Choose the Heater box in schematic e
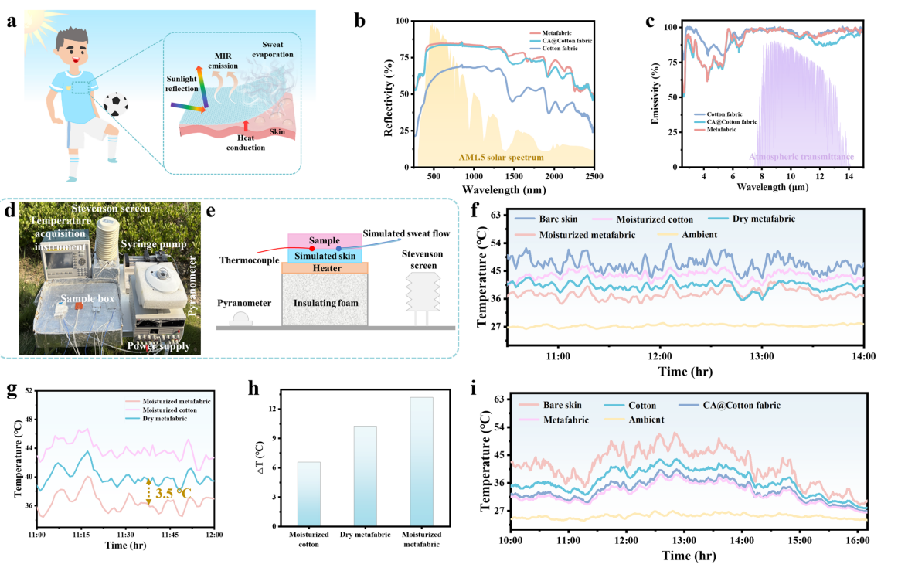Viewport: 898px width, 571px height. click(324, 268)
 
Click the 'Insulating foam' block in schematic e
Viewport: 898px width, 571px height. click(325, 303)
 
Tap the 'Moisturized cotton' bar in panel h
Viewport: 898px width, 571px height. click(308, 493)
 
